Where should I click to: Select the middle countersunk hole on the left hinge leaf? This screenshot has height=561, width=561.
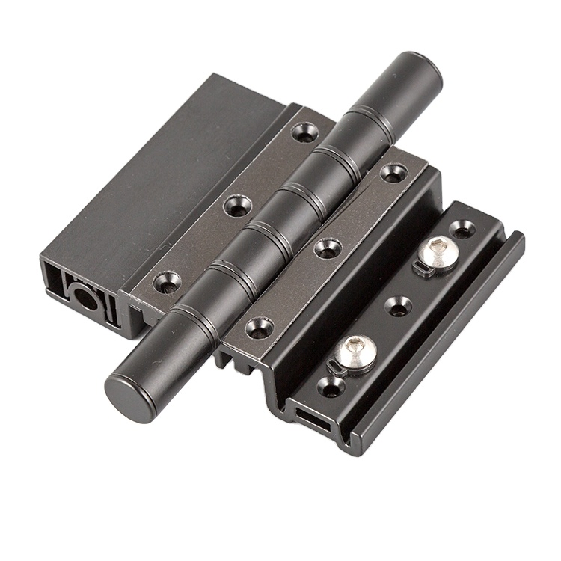[237, 204]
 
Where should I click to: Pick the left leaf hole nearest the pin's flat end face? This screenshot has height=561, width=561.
[166, 282]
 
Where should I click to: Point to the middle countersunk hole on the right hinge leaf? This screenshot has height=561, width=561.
[326, 248]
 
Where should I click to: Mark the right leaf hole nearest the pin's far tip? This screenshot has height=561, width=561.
[393, 173]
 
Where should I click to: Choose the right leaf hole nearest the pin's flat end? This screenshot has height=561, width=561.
[259, 328]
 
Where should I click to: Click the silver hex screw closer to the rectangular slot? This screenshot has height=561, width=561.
[355, 352]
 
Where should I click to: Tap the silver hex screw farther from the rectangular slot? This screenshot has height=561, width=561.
[438, 251]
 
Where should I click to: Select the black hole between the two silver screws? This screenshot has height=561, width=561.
[397, 305]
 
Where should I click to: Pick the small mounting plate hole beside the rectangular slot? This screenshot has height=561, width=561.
[329, 387]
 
